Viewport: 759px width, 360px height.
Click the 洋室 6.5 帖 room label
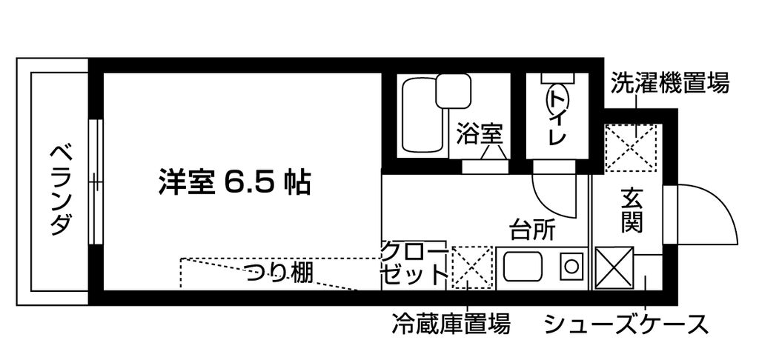click(x=234, y=181)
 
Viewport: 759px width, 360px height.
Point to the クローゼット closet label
click(x=414, y=264)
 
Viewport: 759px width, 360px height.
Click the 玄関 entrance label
click(x=632, y=210)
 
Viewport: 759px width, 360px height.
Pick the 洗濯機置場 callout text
click(x=669, y=83)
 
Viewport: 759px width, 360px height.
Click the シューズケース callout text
click(x=626, y=324)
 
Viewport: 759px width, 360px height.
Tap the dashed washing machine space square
click(x=630, y=148)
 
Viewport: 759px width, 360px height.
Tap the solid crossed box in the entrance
click(x=614, y=267)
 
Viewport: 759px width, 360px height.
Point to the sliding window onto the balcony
click(x=96, y=182)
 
